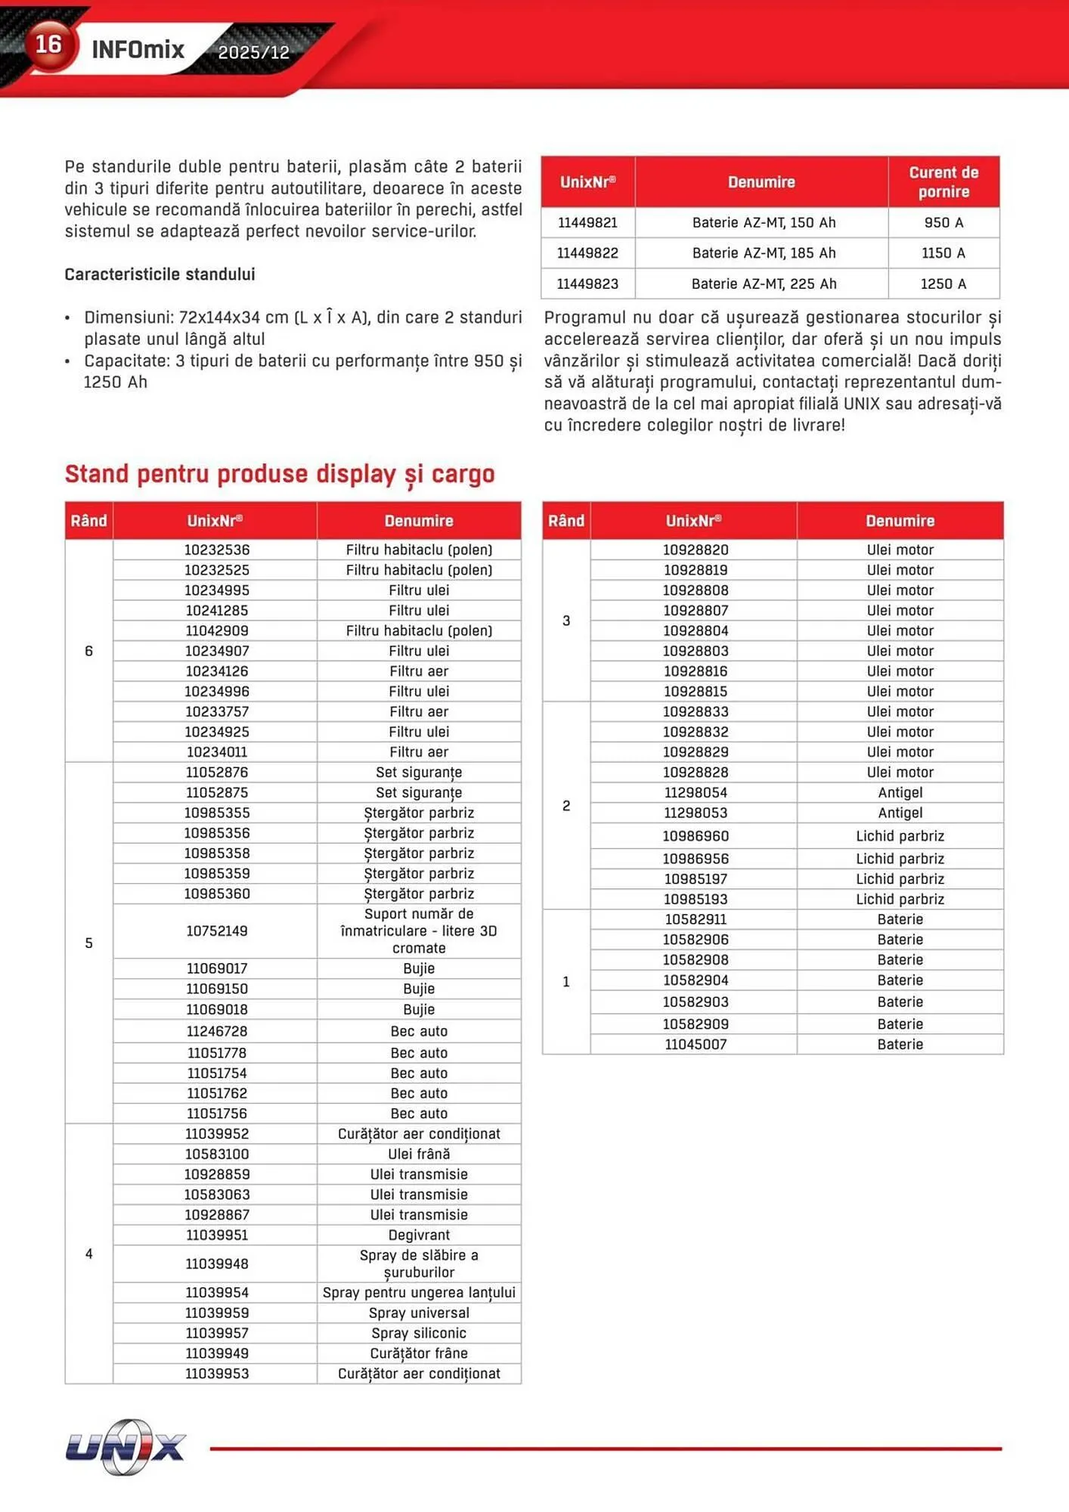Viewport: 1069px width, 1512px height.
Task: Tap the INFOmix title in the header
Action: [x=138, y=50]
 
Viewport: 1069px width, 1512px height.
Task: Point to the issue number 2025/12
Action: [x=253, y=52]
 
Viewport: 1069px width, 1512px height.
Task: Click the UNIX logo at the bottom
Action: [x=125, y=1447]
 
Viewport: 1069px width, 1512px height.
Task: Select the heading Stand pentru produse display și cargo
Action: [x=280, y=474]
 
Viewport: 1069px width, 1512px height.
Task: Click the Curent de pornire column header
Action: [x=943, y=182]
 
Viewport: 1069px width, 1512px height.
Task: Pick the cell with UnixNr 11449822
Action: [x=587, y=253]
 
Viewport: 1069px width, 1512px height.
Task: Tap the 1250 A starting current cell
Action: [x=943, y=284]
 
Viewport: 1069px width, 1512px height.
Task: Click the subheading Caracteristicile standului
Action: [x=160, y=274]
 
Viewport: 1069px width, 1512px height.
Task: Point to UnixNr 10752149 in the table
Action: [x=217, y=931]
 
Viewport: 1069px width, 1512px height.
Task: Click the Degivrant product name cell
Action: [x=419, y=1235]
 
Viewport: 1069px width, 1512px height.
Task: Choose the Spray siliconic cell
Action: [x=419, y=1333]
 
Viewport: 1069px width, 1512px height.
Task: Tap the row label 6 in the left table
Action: [x=88, y=651]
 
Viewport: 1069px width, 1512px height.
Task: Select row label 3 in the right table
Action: [x=566, y=621]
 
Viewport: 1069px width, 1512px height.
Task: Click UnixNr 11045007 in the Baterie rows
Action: [x=695, y=1044]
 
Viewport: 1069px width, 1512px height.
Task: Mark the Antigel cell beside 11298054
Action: [x=900, y=792]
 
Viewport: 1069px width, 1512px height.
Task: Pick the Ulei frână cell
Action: [x=419, y=1154]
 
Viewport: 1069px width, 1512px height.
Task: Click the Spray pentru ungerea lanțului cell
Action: [x=419, y=1292]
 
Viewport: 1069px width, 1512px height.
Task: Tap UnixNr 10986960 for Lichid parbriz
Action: [x=695, y=836]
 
